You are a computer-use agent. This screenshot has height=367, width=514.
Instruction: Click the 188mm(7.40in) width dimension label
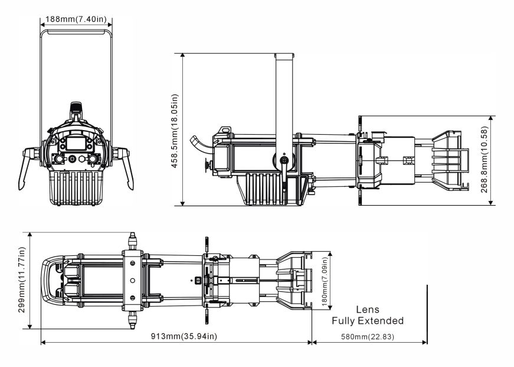74,20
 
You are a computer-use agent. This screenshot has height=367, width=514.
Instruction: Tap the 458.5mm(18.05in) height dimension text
175,129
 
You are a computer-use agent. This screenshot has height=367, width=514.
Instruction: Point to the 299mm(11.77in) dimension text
22,280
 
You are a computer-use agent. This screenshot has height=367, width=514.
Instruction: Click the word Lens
368,310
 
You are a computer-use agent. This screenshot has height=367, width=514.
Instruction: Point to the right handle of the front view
126,167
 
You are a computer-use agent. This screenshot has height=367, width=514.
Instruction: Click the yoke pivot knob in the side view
284,161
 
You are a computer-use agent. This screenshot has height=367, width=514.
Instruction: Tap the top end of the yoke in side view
284,56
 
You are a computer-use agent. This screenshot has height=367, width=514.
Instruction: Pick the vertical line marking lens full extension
427,313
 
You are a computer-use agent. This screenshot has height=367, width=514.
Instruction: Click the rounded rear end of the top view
45,280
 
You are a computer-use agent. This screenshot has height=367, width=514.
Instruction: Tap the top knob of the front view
76,108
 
